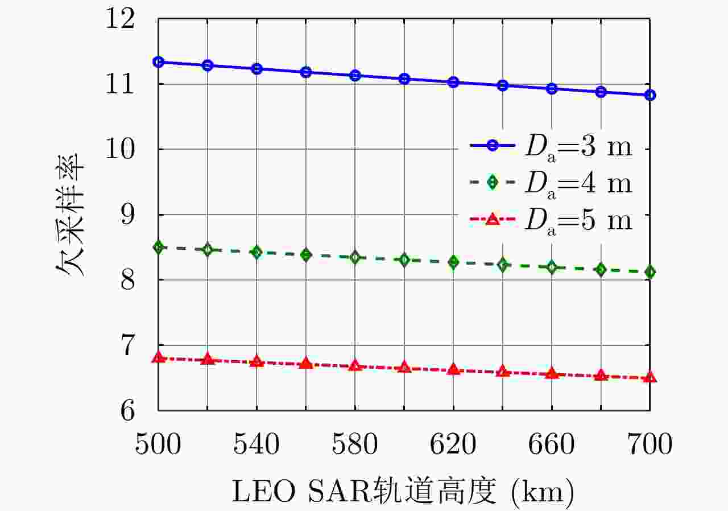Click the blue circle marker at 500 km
[x=159, y=61]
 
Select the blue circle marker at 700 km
[x=650, y=95]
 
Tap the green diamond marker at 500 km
[x=159, y=247]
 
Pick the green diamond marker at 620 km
[x=453, y=262]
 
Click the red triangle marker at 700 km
[x=650, y=377]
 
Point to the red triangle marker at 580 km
[x=355, y=365]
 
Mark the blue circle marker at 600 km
[x=404, y=79]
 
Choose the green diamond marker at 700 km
[x=650, y=272]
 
